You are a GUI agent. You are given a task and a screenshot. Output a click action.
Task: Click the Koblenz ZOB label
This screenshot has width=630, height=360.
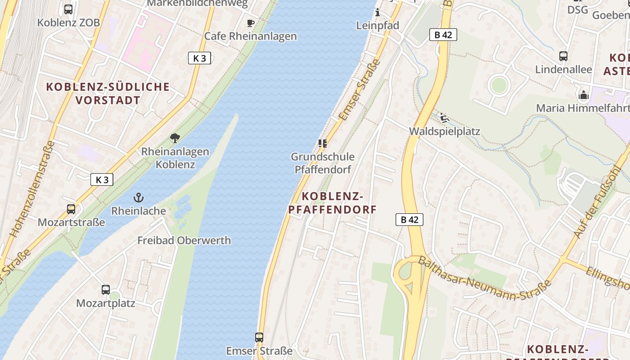(68, 22)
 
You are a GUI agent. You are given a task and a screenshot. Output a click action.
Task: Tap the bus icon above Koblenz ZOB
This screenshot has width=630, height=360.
(68, 9)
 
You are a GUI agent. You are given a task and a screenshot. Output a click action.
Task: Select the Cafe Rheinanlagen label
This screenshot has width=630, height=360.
(251, 36)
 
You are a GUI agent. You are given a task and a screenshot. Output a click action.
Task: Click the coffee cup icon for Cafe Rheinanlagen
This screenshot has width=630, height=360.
(251, 23)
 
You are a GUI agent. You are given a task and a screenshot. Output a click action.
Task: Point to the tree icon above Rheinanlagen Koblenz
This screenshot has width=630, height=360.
(175, 138)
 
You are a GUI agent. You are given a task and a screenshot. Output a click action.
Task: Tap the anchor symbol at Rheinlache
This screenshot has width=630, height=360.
(139, 197)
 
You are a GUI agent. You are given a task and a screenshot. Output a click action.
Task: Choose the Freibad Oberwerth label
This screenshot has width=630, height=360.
(184, 240)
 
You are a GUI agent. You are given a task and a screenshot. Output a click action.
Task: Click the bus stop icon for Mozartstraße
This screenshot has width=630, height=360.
(71, 209)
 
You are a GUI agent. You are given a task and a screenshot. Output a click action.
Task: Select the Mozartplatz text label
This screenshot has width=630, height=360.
(106, 303)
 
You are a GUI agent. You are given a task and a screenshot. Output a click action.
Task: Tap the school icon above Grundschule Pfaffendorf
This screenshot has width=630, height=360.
(322, 144)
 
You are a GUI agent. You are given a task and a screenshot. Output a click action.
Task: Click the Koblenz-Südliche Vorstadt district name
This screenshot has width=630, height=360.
(108, 93)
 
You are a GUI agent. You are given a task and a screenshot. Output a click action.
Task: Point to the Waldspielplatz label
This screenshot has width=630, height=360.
(445, 131)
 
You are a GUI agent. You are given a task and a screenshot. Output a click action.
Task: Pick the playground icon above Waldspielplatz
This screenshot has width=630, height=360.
(444, 118)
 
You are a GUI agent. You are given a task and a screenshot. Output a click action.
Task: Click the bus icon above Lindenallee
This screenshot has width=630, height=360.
(563, 56)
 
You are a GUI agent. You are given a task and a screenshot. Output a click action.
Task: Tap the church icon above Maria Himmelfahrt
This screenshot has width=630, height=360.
(584, 95)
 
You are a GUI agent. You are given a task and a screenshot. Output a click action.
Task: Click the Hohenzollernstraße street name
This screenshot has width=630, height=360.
(32, 189)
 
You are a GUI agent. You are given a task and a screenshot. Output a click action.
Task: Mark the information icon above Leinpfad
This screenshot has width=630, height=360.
(378, 12)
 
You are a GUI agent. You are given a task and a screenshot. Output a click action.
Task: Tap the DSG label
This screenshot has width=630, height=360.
(577, 9)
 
